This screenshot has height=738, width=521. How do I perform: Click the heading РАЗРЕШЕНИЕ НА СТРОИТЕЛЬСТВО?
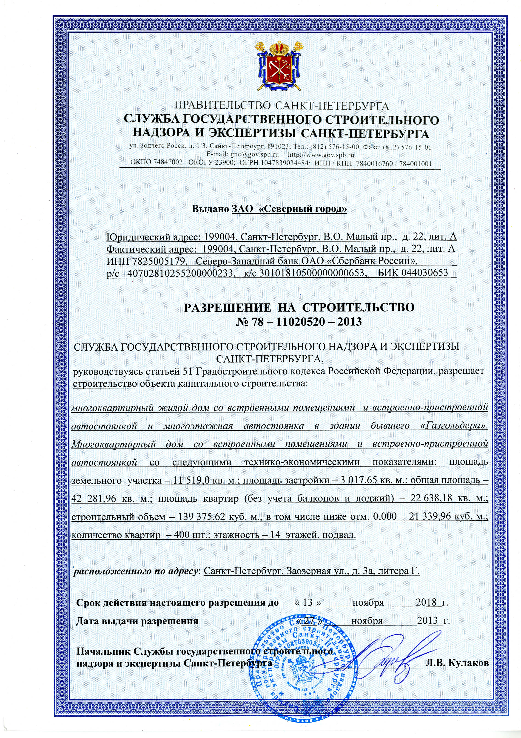coord(299,307)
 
